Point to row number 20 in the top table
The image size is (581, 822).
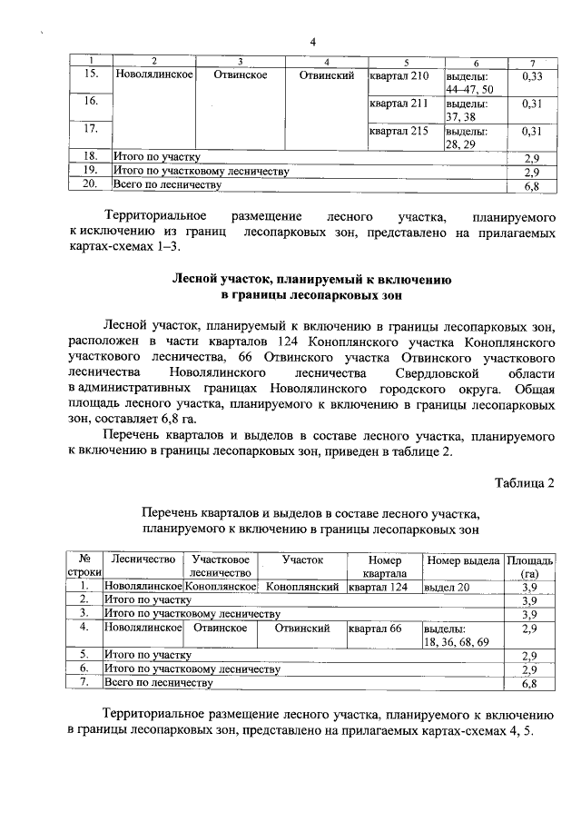tap(89, 185)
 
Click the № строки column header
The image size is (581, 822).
tap(84, 567)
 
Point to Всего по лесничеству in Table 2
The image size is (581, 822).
tap(158, 682)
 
